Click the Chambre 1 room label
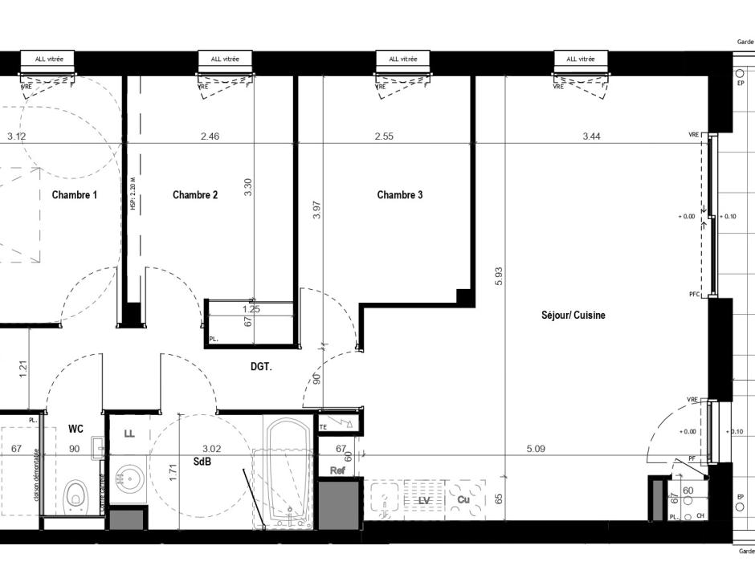(x=75, y=195)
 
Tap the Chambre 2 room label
(x=195, y=195)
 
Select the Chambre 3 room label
(x=400, y=195)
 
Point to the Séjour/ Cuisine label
(x=573, y=316)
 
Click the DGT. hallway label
(x=260, y=366)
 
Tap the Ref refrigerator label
(x=338, y=470)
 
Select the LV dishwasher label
(x=424, y=500)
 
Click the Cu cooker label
(x=463, y=500)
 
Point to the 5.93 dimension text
(x=499, y=277)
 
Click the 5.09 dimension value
(x=536, y=450)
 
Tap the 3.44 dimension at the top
(x=591, y=136)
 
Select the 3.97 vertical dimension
(x=317, y=210)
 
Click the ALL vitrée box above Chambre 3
(x=404, y=59)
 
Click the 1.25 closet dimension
(x=251, y=308)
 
